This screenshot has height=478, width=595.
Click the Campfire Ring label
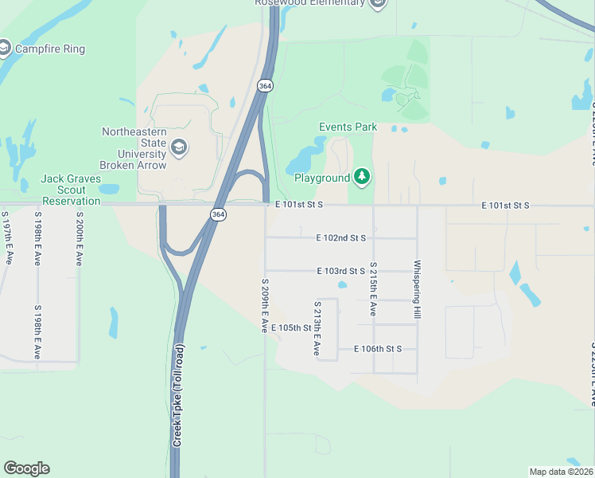49,49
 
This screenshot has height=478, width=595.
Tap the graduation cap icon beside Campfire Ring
5,49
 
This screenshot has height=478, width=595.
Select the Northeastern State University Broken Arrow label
133,148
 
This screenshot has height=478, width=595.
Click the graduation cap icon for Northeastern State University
179,147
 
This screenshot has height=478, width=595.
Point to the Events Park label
348,127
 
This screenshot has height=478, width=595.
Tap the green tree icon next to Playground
362,176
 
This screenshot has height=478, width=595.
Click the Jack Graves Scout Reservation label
71,190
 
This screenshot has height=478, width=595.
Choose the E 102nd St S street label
340,237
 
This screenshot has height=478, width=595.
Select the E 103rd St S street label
340,271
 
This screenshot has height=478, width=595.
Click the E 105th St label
290,327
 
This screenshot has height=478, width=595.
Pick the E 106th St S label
378,349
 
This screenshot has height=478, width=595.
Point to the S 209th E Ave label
265,305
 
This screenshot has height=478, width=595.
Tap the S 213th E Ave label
317,328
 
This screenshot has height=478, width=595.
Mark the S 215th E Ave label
372,288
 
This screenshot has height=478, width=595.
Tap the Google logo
26,468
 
